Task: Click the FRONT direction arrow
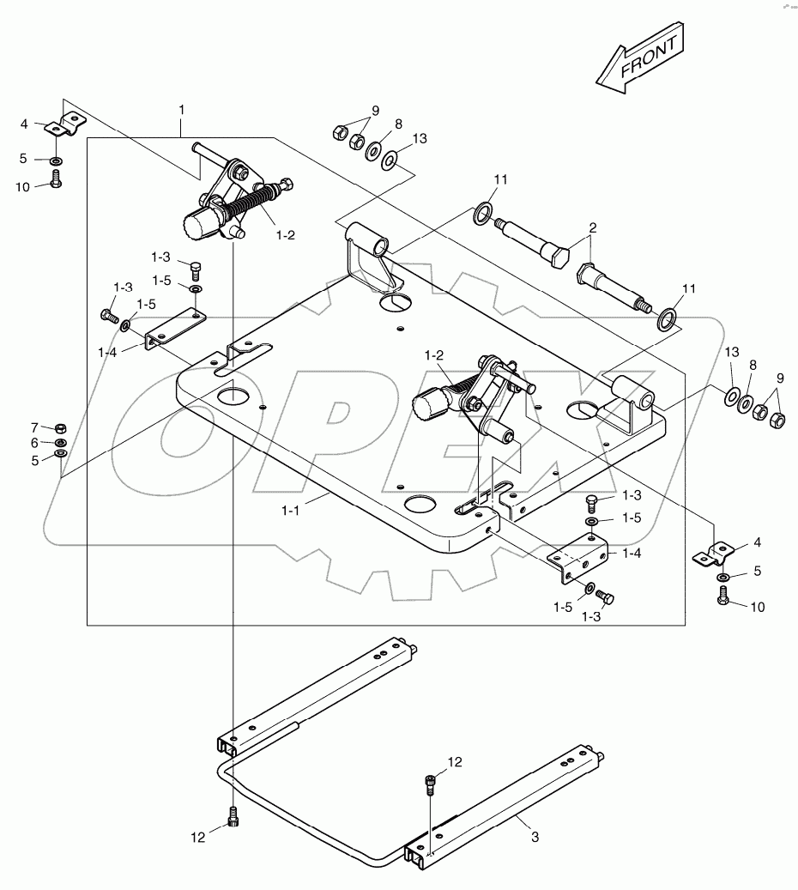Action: (641, 59)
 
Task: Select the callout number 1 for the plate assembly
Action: (181, 110)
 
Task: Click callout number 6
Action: (35, 444)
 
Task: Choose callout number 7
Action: (35, 427)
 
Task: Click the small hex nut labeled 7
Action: (59, 427)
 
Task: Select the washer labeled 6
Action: (60, 444)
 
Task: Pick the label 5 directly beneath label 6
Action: (35, 459)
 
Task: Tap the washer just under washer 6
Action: (60, 456)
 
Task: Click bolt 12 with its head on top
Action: (431, 782)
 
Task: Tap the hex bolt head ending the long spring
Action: (286, 183)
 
